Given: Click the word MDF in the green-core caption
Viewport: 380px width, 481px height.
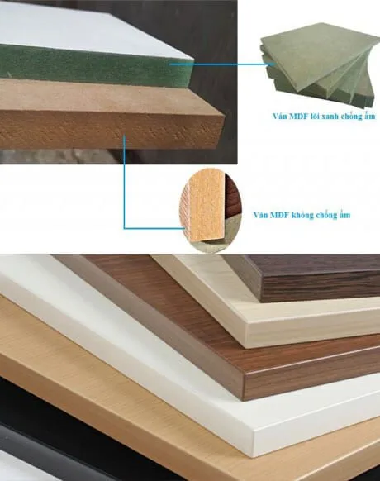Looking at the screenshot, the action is click(297, 117).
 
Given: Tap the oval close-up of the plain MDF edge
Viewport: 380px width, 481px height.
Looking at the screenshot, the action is click(211, 210).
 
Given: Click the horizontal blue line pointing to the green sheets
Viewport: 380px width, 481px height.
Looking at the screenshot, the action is click(221, 64).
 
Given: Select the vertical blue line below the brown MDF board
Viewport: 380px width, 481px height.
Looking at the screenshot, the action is click(124, 182).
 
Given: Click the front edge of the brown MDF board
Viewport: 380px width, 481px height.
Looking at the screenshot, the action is click(111, 130).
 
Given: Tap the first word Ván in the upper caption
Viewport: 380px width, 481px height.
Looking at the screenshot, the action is click(278, 117).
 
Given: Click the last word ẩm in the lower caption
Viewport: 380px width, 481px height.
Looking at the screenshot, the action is click(344, 215).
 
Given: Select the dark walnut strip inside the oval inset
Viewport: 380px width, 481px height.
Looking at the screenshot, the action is click(233, 197).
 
